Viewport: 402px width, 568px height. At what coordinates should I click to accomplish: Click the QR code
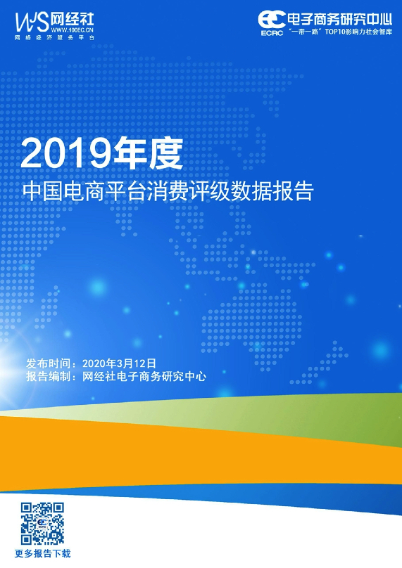point(42,524)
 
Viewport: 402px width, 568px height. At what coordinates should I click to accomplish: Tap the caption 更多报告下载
point(42,553)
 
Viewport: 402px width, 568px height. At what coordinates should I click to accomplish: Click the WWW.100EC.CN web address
point(73,30)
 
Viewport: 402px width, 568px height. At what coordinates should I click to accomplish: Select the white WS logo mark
point(32,22)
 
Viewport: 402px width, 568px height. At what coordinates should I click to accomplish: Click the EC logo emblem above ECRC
point(271,19)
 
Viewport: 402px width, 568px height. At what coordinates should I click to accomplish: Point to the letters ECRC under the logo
point(272,33)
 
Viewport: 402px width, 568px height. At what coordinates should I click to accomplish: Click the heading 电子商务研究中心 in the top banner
point(339,19)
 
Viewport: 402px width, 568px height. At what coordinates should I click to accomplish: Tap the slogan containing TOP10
point(340,32)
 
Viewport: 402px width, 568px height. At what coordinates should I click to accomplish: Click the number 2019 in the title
point(66,153)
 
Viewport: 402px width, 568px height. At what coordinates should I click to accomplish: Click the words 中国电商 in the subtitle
point(63,191)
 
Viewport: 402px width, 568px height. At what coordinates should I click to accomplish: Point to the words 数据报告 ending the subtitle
point(273,191)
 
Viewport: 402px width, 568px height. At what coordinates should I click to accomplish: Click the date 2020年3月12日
point(119,363)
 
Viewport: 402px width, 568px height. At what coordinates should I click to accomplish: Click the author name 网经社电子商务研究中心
point(144,376)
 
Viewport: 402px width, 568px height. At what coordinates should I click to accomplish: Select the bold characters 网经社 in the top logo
point(73,19)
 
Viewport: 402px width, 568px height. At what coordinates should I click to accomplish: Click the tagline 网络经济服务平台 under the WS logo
point(54,38)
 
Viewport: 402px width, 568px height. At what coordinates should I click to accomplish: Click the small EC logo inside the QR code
point(42,524)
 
